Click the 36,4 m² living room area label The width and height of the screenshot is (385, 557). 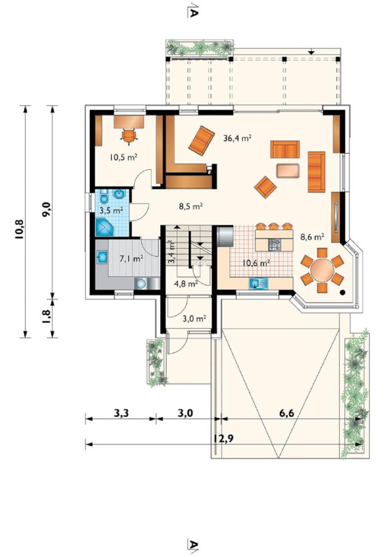point(238,138)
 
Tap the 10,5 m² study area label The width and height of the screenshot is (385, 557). point(124,157)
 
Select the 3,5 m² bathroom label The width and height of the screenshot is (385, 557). point(111,210)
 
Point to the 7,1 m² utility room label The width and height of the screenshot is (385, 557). point(131,258)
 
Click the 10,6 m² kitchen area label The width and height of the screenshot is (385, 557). point(256,263)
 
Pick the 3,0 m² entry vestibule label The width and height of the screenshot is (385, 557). point(194,319)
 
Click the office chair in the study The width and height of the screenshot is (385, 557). point(129,136)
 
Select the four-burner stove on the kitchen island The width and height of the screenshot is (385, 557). point(275,244)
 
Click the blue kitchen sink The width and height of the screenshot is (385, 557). point(258,284)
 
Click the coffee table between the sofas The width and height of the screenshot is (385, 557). point(288,170)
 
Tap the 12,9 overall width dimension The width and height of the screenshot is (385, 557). point(224,439)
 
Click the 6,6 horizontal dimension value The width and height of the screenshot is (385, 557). point(287,413)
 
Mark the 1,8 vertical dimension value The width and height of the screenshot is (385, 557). point(46,315)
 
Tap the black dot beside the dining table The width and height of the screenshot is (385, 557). point(342,292)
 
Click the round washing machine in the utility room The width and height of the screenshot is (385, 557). point(141,284)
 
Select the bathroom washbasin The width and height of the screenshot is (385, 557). point(119,194)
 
